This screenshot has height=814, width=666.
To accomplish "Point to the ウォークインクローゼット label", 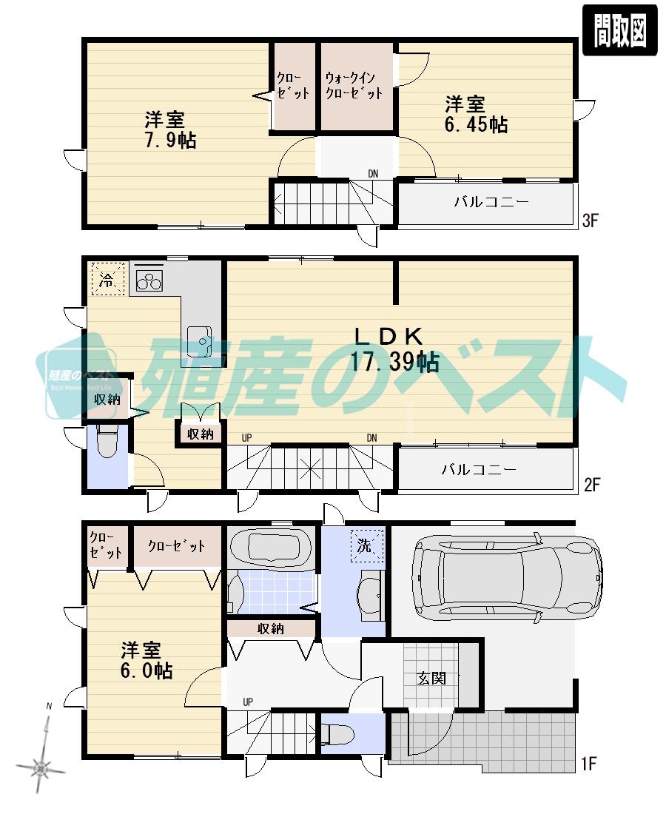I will pos(354,85).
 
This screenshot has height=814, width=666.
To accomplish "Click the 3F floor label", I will pos(590,220).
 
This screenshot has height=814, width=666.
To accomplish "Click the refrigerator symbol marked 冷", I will pos(107,280).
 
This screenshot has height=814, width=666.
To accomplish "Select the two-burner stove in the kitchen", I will pos(149,279).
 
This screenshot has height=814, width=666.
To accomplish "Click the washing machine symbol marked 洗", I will pos(368,545).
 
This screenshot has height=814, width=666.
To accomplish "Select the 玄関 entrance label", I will pos(431,678).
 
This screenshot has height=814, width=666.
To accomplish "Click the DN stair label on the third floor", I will pos(373,174).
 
